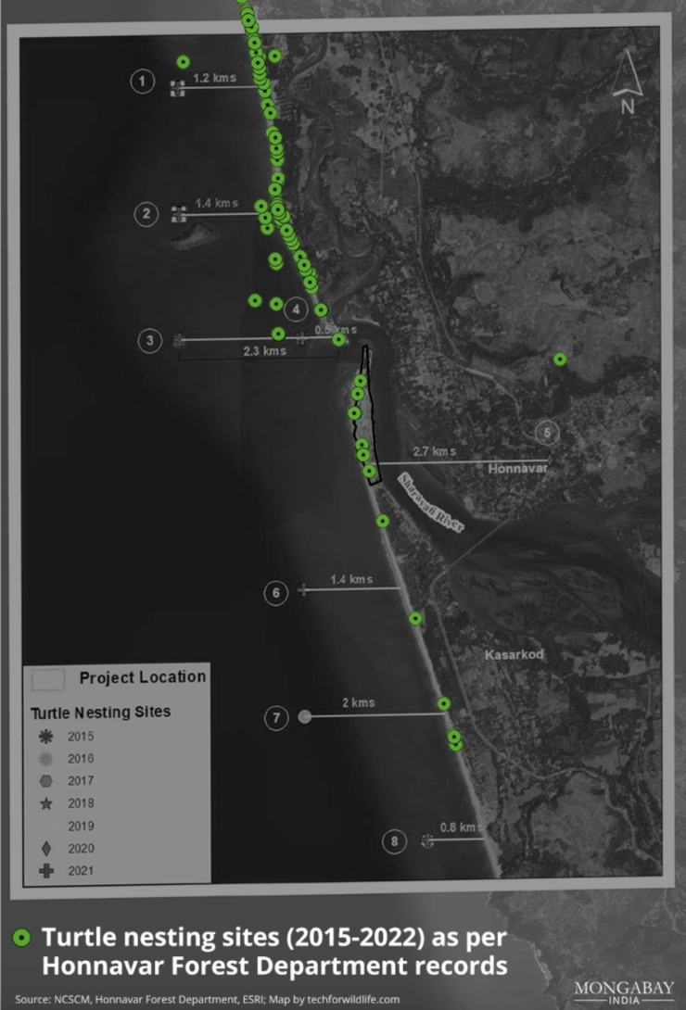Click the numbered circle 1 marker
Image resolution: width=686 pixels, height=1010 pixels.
[142, 82]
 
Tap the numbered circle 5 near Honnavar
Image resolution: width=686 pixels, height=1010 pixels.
[547, 432]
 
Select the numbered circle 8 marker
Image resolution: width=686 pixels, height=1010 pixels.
[395, 841]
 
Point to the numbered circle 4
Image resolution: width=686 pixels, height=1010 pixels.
[296, 309]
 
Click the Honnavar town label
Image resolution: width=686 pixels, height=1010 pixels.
[517, 470]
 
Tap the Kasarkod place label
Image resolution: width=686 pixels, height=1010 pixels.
[514, 655]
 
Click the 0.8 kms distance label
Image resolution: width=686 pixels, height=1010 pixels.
[460, 827]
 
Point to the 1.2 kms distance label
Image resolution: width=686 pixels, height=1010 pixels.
[215, 77]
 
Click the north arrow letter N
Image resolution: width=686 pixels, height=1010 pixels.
[628, 106]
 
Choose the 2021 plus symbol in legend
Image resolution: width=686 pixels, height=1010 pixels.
[46, 870]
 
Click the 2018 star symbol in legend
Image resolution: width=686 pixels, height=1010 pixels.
[46, 803]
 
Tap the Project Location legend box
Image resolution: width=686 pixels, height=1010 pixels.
[48, 678]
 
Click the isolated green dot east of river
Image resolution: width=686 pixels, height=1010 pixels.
[560, 359]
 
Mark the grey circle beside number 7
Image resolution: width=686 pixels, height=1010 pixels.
[305, 716]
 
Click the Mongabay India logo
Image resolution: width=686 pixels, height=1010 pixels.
[623, 991]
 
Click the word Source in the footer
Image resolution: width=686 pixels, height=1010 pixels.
[33, 1000]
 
